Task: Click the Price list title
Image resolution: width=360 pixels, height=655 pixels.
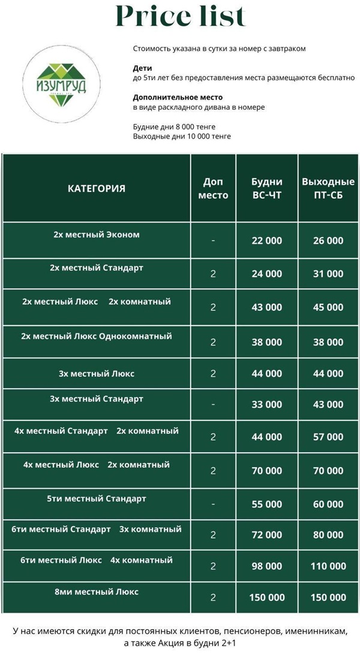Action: click(x=180, y=17)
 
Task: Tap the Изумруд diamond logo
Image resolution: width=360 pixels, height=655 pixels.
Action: click(x=59, y=85)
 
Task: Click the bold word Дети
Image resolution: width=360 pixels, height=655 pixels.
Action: click(x=142, y=68)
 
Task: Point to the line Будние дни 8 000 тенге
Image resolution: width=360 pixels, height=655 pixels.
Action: click(x=174, y=127)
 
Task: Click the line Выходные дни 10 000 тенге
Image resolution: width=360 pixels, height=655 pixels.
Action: click(x=182, y=136)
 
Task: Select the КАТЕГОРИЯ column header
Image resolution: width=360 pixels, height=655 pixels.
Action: click(x=97, y=188)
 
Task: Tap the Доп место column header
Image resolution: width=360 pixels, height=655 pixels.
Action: click(x=213, y=188)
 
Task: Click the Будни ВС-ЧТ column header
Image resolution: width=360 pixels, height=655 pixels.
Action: click(x=266, y=188)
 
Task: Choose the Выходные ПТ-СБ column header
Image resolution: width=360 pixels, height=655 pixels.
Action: click(x=328, y=188)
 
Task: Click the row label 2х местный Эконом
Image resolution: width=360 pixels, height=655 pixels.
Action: click(x=97, y=235)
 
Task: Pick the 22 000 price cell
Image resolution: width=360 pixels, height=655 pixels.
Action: click(x=266, y=241)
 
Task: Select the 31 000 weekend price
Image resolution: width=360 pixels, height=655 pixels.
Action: click(x=328, y=274)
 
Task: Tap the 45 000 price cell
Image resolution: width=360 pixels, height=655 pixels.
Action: click(x=328, y=307)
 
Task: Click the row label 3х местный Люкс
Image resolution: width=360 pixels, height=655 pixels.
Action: click(x=97, y=374)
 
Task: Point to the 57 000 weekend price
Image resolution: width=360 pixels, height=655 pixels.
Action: click(x=328, y=437)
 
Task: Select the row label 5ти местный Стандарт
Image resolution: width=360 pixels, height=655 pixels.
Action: click(x=97, y=498)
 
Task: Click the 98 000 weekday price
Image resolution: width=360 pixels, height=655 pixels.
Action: click(x=266, y=566)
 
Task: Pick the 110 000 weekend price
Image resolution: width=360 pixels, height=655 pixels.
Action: click(x=328, y=566)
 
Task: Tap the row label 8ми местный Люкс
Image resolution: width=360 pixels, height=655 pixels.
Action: click(x=97, y=592)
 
